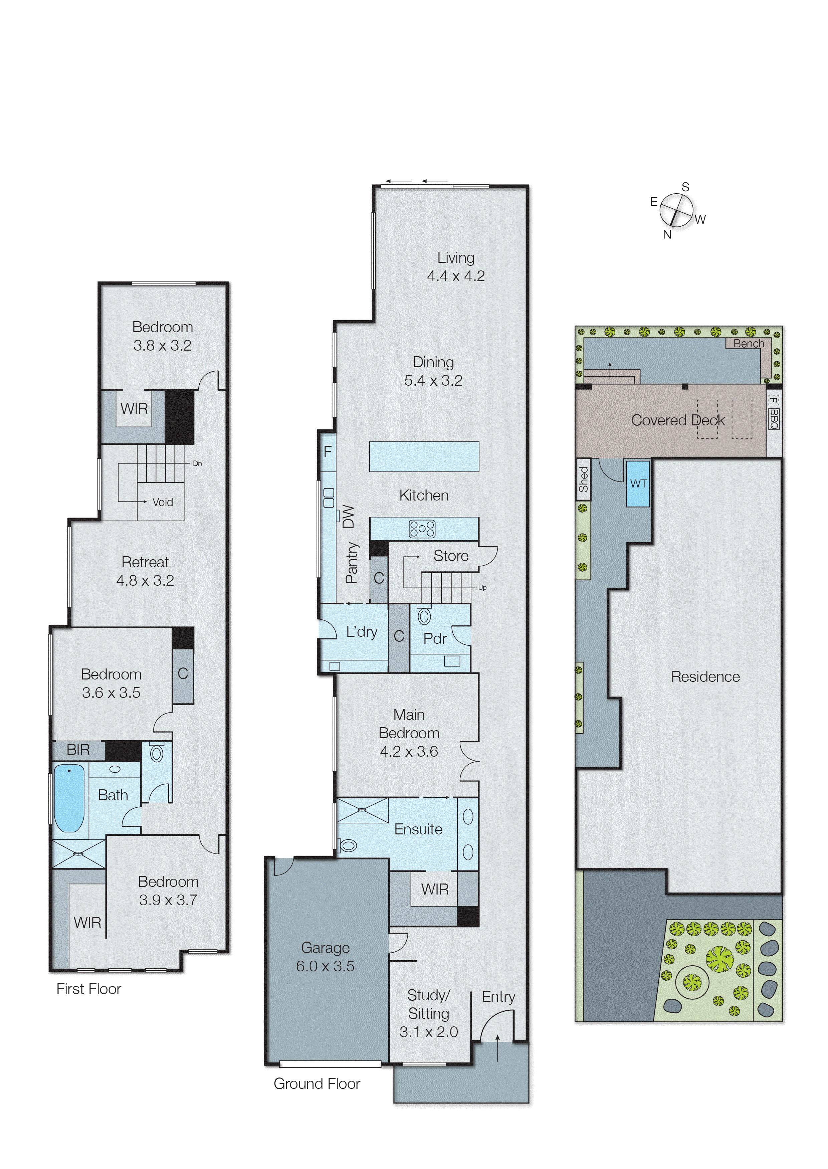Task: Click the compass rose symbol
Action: [676, 211]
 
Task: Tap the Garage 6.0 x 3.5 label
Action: [325, 957]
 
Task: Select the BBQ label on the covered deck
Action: [774, 419]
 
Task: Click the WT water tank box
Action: [638, 483]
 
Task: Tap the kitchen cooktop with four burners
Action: [422, 529]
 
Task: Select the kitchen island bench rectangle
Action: [424, 456]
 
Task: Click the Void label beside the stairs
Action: [163, 502]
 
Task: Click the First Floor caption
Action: [89, 989]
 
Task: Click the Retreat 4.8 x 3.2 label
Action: [145, 571]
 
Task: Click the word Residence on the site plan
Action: [705, 676]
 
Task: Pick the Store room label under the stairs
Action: [451, 556]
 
